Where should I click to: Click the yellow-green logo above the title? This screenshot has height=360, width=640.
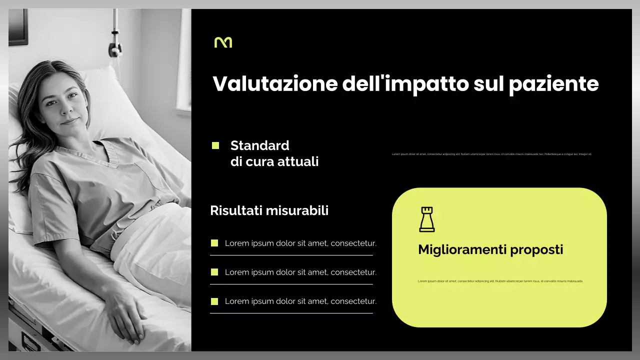coord(223,42)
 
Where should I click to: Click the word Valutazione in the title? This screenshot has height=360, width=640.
coord(275,83)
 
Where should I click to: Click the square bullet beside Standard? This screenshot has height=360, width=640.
coord(215,145)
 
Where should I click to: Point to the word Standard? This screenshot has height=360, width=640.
coord(259,145)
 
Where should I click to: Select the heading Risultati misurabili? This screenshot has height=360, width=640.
coord(269,210)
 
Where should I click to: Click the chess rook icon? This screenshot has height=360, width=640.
coord(426,219)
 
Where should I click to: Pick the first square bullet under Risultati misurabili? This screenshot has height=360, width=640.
coord(214,243)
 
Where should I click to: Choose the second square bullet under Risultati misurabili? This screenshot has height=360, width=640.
coord(214,272)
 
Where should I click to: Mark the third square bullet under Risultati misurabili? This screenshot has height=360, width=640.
coord(214,301)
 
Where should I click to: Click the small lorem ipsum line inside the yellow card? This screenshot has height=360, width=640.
coord(500,281)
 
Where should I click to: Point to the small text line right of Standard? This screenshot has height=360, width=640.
coord(491,154)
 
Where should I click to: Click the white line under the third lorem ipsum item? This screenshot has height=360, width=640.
coord(291,313)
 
